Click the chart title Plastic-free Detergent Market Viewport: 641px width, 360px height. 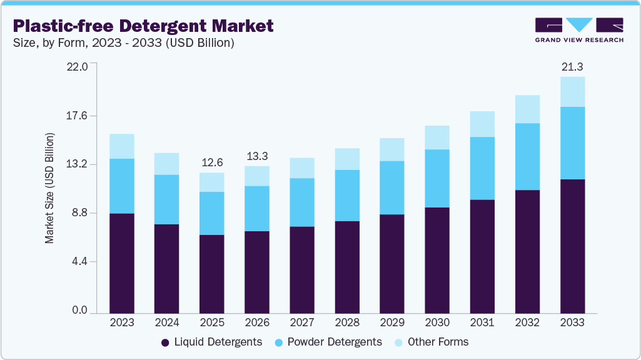[143, 26]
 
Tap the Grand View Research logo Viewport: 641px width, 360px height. [579, 30]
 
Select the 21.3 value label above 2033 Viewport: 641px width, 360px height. [572, 66]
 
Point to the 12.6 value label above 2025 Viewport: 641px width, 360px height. [211, 162]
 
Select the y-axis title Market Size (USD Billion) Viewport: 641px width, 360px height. [49, 188]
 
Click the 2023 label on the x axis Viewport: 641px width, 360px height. [121, 323]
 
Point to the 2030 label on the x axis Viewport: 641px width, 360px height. [437, 323]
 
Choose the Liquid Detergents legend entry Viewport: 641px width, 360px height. [211, 342]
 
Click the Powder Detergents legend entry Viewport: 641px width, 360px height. [332, 342]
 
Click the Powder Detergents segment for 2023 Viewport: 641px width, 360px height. [121, 186]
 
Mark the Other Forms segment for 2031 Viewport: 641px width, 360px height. [482, 124]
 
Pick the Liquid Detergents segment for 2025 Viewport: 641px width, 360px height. [211, 274]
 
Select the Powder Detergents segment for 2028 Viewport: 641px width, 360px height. [347, 195]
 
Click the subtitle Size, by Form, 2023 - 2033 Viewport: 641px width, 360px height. [124, 43]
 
